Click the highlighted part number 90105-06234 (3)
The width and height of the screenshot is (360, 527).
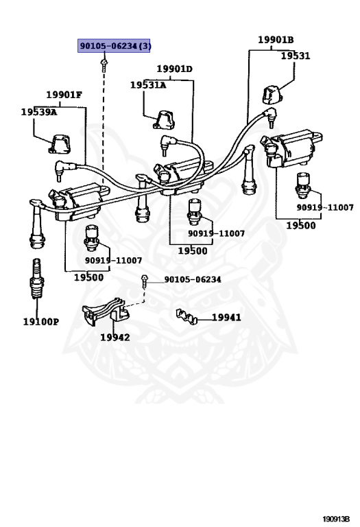pos(114,45)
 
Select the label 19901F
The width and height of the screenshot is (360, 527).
pos(64,95)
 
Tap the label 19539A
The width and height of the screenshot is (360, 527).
pos(39,112)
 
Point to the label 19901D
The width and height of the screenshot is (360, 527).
pos(175,69)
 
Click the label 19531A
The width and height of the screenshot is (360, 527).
pos(148,85)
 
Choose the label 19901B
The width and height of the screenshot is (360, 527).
pos(276,40)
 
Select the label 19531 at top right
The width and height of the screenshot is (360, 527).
pos(296,56)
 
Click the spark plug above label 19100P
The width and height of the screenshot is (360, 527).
pos(36,279)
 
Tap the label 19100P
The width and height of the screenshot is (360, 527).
pos(41,322)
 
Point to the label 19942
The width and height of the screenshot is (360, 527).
pos(115,337)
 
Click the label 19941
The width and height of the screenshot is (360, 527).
pos(226,317)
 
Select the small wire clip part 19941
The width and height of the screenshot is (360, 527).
pos(187,316)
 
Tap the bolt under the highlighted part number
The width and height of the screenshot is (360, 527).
pos(104,65)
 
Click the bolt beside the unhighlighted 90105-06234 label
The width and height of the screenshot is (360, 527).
pos(145,281)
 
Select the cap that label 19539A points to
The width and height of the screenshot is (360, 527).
pos(60,144)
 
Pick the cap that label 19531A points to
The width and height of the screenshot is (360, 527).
pos(164,120)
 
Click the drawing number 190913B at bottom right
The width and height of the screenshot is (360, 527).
pos(336,519)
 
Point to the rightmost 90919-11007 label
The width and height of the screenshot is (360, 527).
pos(325,207)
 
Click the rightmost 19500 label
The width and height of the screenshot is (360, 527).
pos(301,226)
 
